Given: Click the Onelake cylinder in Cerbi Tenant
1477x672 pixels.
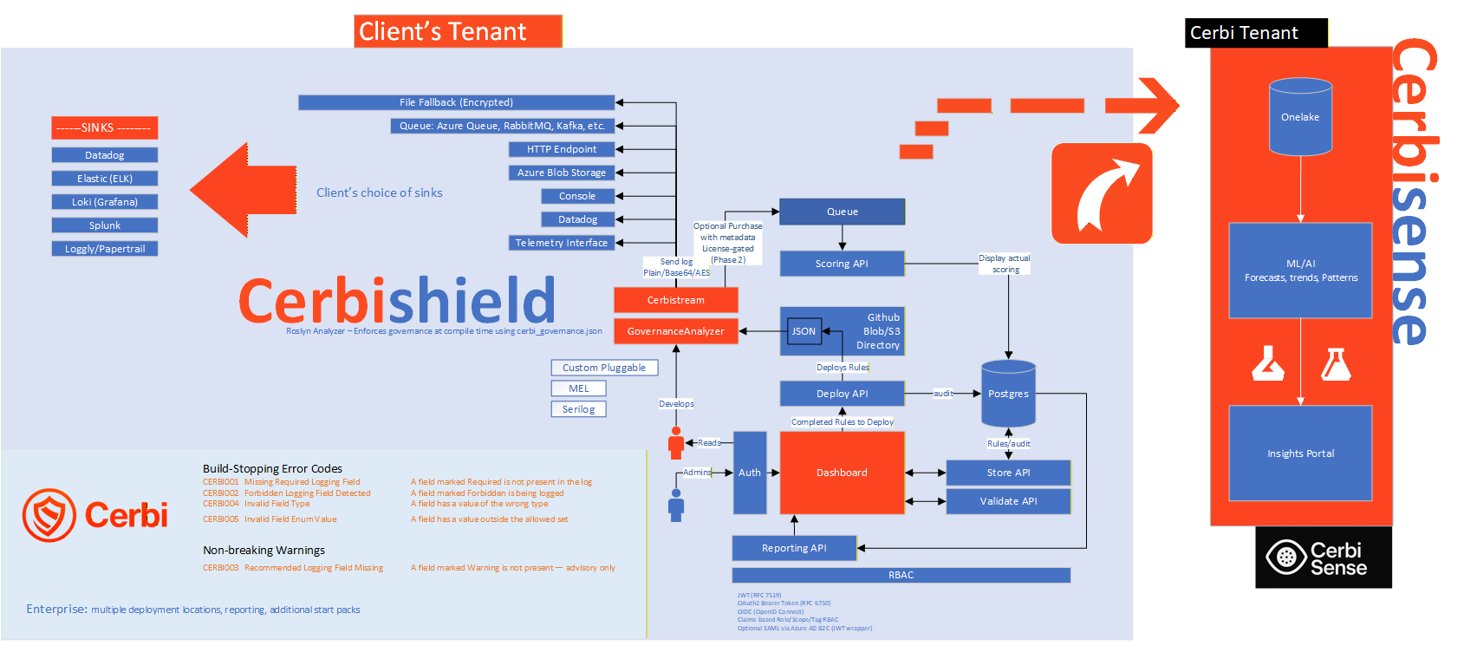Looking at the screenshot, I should tap(1300, 117).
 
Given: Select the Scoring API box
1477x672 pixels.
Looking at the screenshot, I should tap(842, 264).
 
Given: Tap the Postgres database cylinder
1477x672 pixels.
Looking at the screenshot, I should tap(1008, 394).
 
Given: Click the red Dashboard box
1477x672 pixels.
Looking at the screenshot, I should tap(842, 473).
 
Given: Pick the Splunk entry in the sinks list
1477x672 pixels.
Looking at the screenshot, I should tap(105, 225).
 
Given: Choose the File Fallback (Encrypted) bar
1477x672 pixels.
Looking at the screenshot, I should tap(456, 102).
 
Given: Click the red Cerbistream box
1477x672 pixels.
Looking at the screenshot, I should tap(675, 300).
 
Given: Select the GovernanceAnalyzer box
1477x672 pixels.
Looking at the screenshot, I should tap(675, 331).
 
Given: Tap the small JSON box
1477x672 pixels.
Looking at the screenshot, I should tap(804, 331).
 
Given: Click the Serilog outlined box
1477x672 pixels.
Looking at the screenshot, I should tap(578, 409).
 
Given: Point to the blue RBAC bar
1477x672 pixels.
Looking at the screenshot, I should tap(901, 575).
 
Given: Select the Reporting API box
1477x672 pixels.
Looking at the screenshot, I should tap(794, 548).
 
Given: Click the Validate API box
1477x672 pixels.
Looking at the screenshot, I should tap(1008, 501).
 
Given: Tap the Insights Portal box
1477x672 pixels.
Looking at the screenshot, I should tap(1300, 453).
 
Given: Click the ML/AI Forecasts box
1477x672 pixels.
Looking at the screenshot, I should tap(1300, 271).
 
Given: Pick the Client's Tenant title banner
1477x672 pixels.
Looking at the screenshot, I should tap(458, 31).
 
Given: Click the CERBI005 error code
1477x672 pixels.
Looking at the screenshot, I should tap(220, 519).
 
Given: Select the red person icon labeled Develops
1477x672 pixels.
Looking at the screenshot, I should tap(676, 442).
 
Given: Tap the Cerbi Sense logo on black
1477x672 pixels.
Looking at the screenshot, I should tap(1323, 558).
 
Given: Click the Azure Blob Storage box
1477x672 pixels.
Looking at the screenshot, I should tap(562, 173).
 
